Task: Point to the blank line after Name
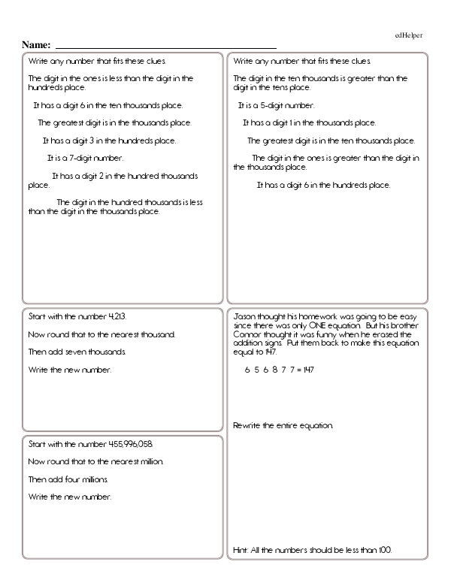[x=165, y=47]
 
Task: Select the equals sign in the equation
[x=298, y=370]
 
